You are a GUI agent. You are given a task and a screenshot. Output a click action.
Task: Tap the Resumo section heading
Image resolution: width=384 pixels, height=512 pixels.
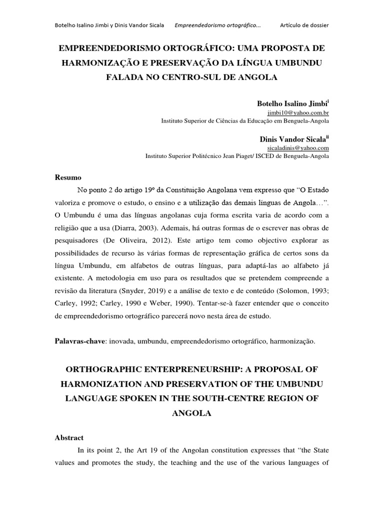[x=67, y=177]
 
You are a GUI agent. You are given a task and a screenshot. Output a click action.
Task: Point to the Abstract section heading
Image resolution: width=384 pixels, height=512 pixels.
[x=69, y=437]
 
